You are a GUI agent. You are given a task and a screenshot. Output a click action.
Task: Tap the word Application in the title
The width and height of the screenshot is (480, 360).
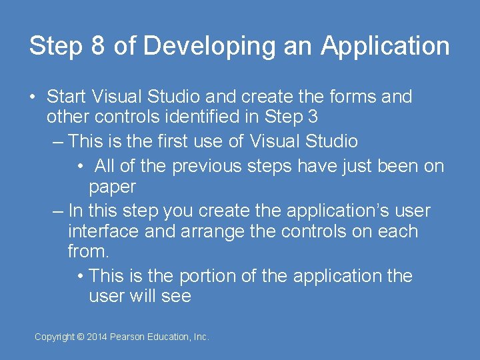coord(385,46)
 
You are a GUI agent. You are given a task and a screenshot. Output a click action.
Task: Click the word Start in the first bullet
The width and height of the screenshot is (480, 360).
coord(67,97)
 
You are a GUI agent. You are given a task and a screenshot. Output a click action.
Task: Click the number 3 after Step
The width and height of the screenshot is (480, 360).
coord(313,117)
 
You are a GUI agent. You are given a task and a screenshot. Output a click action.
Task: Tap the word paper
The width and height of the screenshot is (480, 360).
coord(112,187)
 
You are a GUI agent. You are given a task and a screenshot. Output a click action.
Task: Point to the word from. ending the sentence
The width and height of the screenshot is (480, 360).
coord(89,252)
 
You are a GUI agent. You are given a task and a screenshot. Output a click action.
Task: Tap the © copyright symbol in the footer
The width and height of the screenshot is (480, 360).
coord(81,337)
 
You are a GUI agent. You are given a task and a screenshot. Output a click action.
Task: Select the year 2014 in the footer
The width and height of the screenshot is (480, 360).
coord(97,337)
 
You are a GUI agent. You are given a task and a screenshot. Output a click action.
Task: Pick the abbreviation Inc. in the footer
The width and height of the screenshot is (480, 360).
coord(201,337)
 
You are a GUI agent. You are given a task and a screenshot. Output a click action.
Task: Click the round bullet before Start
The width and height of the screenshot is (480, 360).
coord(33,97)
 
